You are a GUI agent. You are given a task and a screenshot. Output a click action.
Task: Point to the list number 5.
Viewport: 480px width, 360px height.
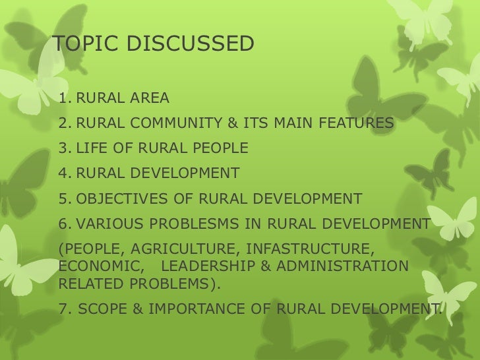tap(63, 198)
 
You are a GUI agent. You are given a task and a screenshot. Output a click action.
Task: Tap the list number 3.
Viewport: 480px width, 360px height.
tap(63, 148)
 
